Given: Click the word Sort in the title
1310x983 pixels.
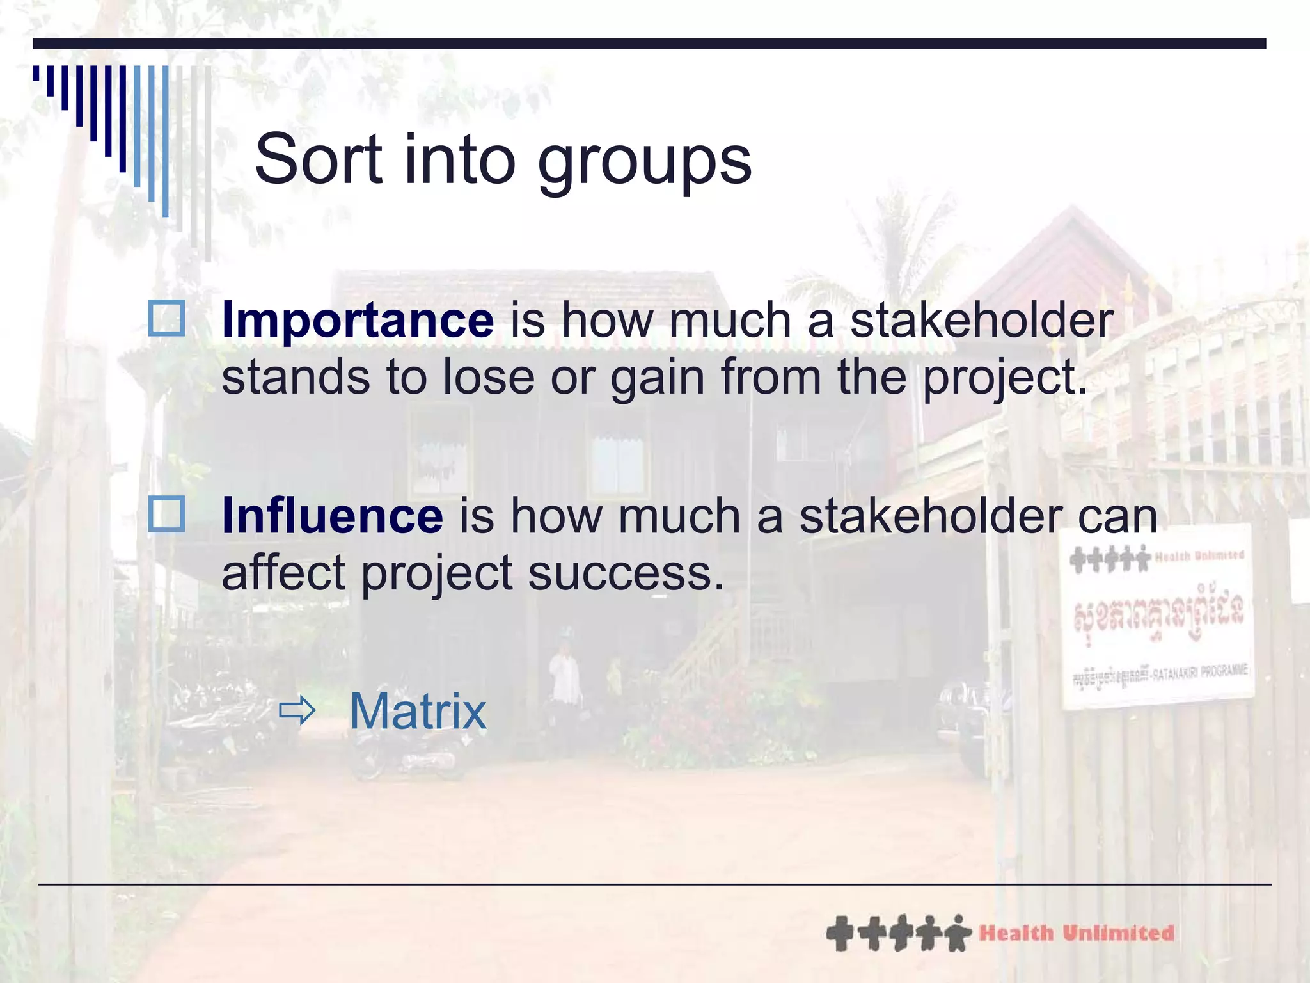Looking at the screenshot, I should point(318,160).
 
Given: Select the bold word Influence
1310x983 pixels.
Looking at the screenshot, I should point(332,516).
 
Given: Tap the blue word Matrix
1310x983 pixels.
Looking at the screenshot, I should point(418,712).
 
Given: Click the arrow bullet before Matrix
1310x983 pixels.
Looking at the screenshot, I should point(297,710).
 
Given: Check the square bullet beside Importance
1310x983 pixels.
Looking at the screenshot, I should point(167,319).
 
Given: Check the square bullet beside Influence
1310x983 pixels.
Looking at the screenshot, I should point(167,514).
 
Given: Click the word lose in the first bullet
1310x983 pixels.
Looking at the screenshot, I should point(489,378).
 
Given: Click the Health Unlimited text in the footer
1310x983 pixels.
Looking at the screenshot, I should point(1076,934).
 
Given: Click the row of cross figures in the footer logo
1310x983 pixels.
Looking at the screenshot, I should point(898,934).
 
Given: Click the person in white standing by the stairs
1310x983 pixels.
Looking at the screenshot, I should point(565,675).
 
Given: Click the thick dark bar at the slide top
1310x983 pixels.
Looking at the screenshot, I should point(649,44).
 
